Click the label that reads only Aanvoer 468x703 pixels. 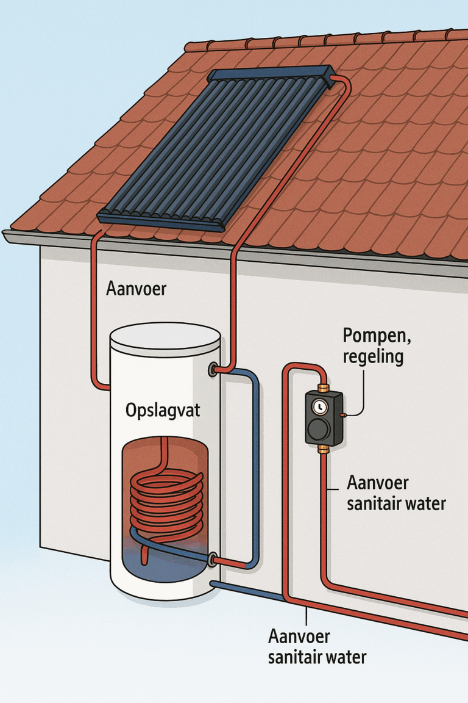click(135, 288)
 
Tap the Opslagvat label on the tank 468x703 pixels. click(163, 410)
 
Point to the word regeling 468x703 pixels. click(373, 356)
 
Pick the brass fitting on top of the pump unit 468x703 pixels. click(323, 388)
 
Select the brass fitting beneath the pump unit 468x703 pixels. click(323, 449)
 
